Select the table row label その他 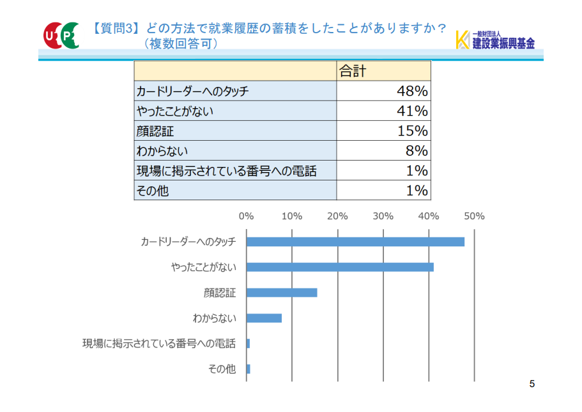point(153,190)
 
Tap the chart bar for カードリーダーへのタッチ point(355,242)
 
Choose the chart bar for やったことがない point(340,267)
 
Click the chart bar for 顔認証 point(282,292)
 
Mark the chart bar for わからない point(264,318)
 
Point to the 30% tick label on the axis point(383,216)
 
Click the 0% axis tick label point(246,216)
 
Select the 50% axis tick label point(474,216)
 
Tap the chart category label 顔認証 point(220,292)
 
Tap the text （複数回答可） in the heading point(182,44)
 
